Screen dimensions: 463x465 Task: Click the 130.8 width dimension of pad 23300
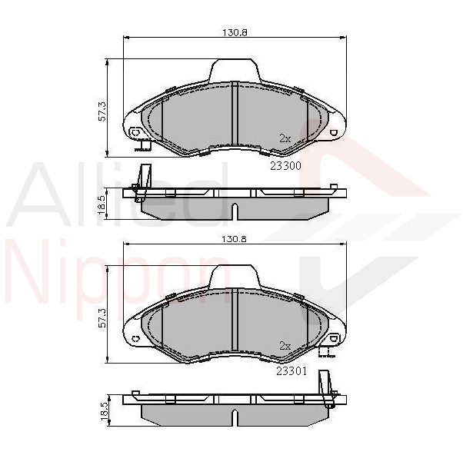tap(235, 32)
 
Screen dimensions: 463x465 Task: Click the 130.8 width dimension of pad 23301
tap(235, 239)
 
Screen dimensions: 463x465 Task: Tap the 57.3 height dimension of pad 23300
tap(102, 111)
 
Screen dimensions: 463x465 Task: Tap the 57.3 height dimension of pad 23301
tap(102, 317)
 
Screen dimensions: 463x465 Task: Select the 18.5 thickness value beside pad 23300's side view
tap(102, 205)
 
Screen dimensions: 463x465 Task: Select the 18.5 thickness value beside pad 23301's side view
tap(104, 411)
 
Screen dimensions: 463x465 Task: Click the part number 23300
tap(285, 166)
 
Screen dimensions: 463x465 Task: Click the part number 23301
tap(291, 371)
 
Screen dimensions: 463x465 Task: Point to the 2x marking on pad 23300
tap(285, 138)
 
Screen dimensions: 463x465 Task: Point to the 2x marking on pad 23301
tap(285, 346)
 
